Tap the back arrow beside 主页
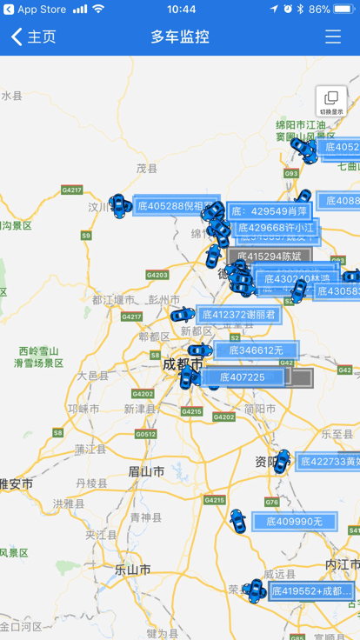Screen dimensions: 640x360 tap(17, 37)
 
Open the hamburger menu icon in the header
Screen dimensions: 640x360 tap(333, 37)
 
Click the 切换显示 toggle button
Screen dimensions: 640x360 tap(331, 102)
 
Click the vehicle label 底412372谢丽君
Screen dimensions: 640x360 tap(239, 315)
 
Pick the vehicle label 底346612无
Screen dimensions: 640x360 tap(257, 350)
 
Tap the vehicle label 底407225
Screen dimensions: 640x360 tap(243, 377)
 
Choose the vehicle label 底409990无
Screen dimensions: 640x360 tap(294, 522)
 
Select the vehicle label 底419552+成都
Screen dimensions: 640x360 tap(312, 591)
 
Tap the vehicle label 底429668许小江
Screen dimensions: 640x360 tap(275, 228)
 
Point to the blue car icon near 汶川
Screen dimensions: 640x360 tap(118, 204)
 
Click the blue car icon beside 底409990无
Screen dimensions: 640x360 tap(237, 521)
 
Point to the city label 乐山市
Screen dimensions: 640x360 tap(132, 570)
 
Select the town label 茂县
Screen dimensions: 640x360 tap(147, 169)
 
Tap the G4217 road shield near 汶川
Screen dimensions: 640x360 tap(71, 190)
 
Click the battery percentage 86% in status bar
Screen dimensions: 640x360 tap(320, 9)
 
